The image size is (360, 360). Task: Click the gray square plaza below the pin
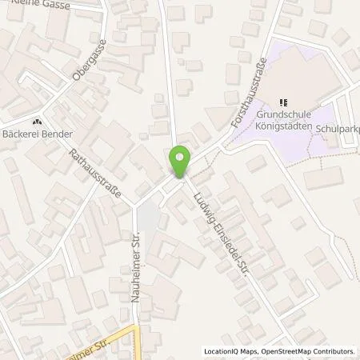tap(149, 215)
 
